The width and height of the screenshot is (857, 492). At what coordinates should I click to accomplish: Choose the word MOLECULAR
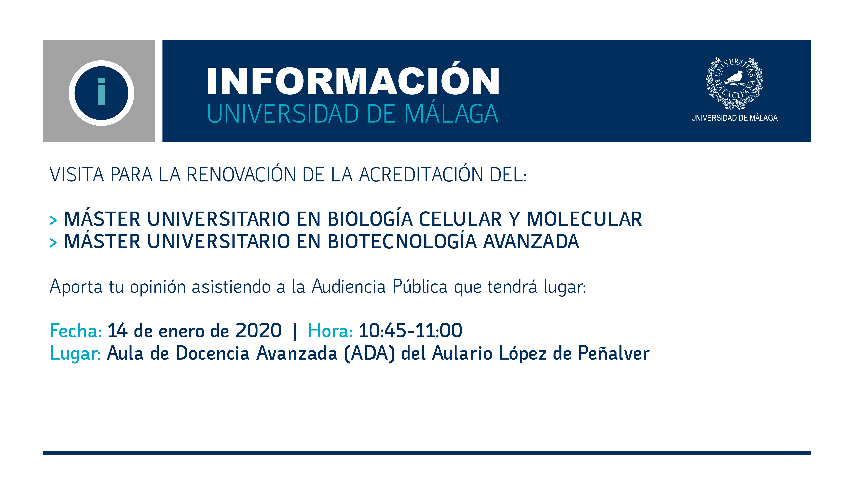[584, 219]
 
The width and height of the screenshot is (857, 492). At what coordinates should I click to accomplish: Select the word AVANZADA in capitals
[531, 241]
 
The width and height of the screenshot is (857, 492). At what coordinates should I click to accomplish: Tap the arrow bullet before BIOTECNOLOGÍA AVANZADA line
[53, 243]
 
